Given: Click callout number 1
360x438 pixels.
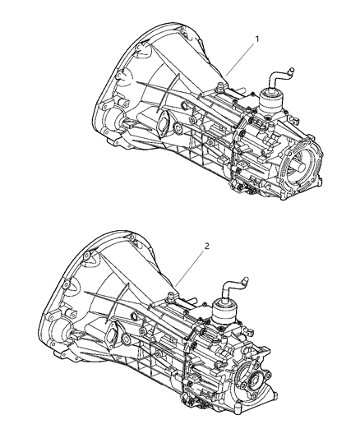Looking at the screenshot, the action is point(257,39).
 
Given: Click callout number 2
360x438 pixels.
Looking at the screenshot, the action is point(207,246).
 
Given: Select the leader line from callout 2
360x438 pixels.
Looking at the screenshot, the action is point(190,268).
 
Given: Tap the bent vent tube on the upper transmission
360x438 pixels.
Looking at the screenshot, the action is point(279,77).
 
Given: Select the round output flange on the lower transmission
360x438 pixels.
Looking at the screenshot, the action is point(254,380).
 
